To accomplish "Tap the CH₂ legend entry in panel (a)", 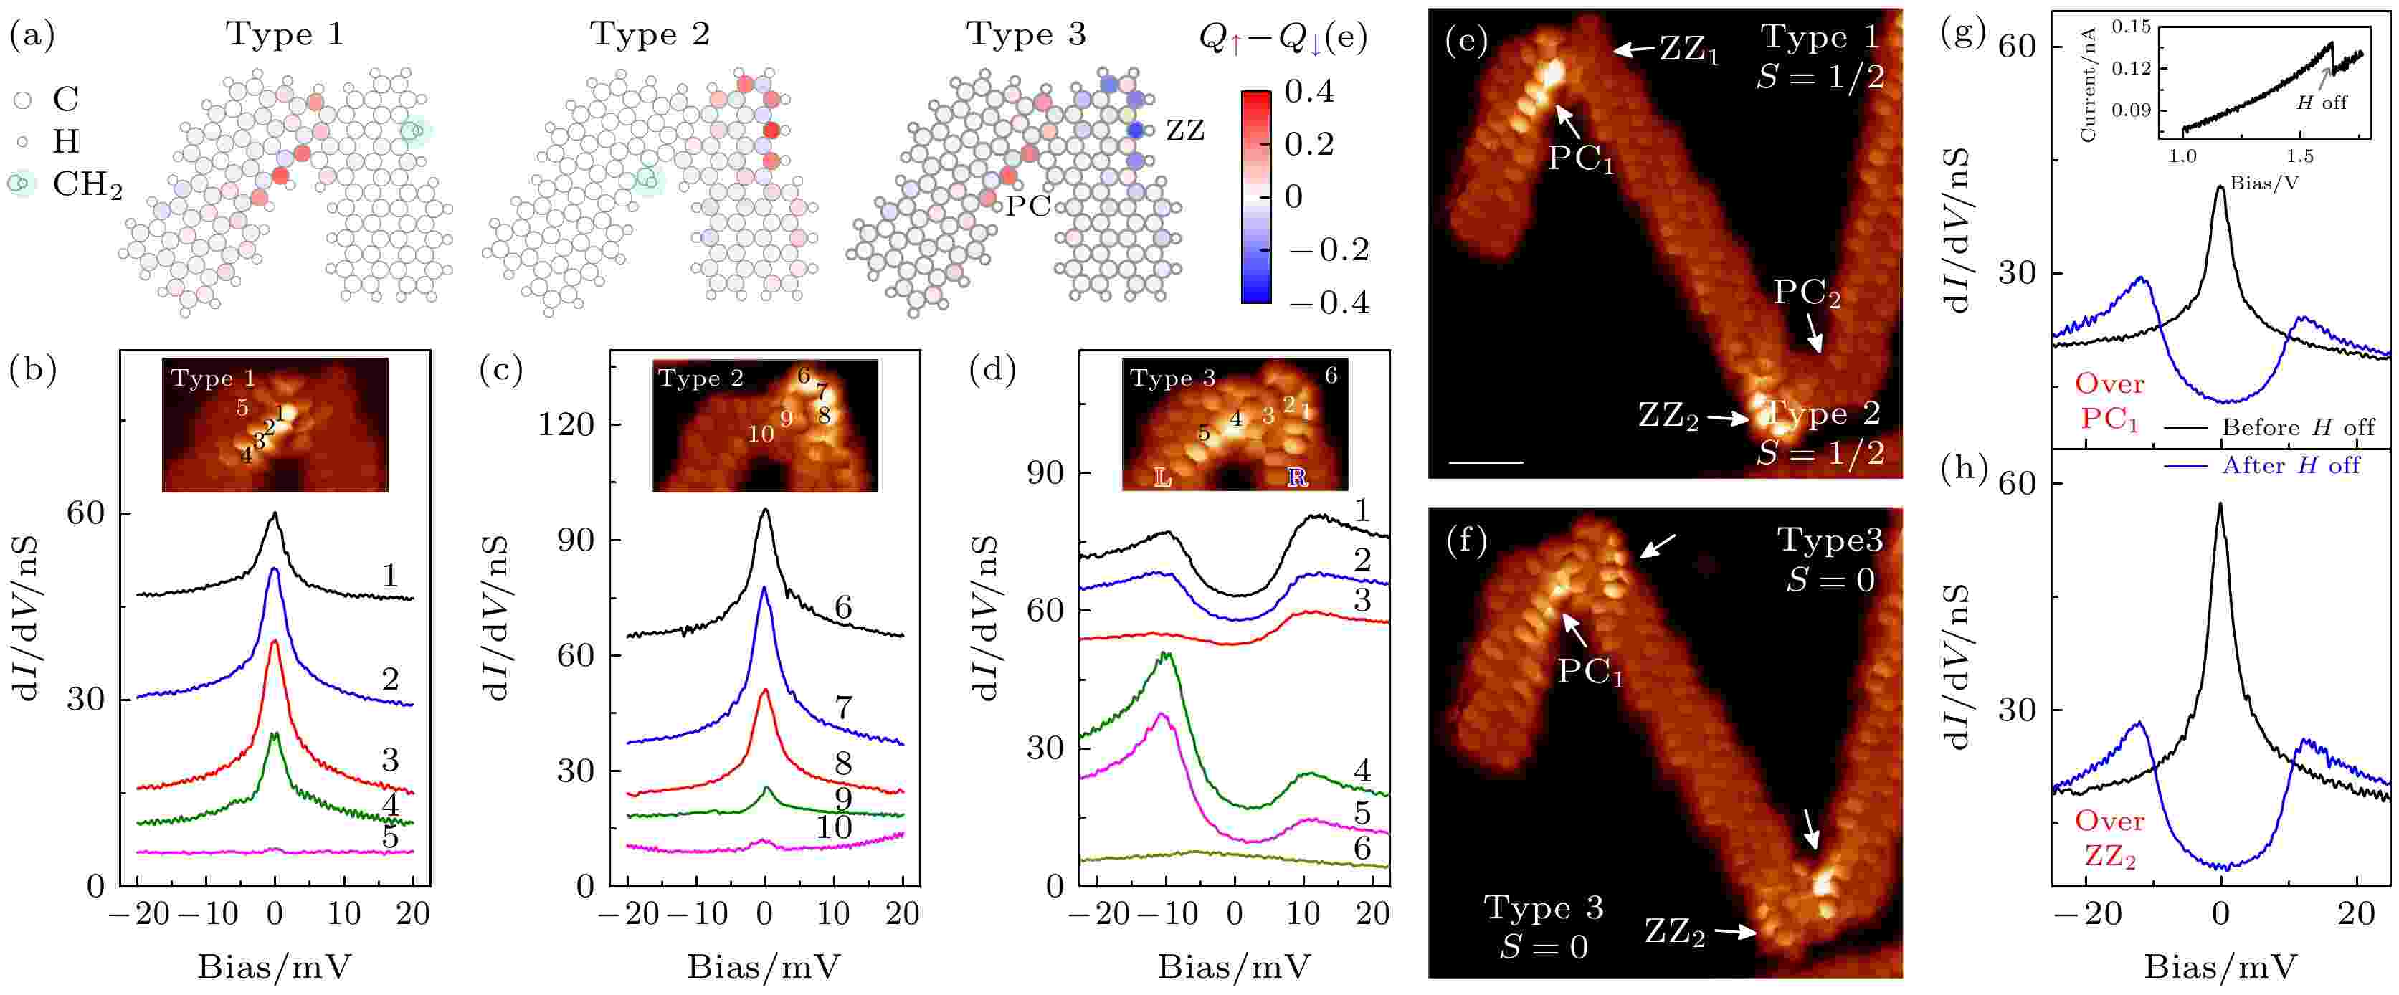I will coord(86,184).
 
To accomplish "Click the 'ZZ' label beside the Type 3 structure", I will coord(1184,130).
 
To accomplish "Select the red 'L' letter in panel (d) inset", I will coord(1162,477).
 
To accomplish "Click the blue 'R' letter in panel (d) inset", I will coord(1296,477).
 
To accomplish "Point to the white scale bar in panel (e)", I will coord(1486,462).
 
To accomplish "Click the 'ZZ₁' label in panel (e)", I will coord(1688,50).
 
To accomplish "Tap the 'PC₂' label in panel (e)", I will coord(1806,294).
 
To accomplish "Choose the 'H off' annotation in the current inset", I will coord(2321,103).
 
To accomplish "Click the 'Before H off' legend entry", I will coord(2297,427).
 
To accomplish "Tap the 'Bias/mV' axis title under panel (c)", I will coord(764,966).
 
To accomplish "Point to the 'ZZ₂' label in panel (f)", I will coord(1673,930).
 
